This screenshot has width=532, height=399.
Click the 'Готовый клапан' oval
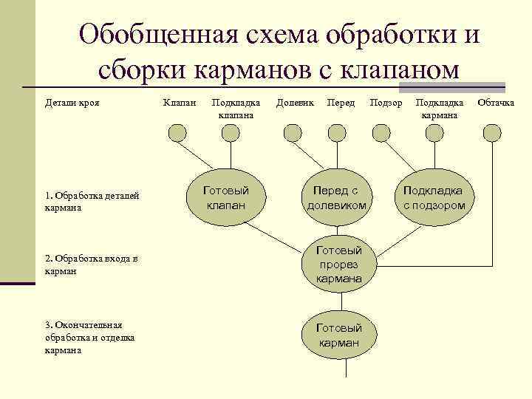(x=226, y=197)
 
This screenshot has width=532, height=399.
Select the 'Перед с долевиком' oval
(x=337, y=197)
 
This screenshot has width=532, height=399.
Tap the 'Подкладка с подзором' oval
(x=434, y=197)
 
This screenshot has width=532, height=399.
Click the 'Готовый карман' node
(x=339, y=335)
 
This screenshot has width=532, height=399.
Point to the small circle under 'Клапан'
(x=177, y=132)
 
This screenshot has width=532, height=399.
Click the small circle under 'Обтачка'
(x=492, y=132)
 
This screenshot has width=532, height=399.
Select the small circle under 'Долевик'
(x=293, y=132)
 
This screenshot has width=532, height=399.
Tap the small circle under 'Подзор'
(x=381, y=132)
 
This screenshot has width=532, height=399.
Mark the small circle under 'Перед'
(x=337, y=132)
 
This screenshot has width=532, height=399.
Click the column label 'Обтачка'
(x=496, y=102)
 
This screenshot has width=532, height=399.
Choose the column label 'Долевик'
(x=295, y=102)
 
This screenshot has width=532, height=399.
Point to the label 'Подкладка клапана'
(x=236, y=108)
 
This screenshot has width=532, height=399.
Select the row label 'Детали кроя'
(x=72, y=102)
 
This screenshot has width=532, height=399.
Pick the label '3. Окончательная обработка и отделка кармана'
(x=83, y=337)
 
